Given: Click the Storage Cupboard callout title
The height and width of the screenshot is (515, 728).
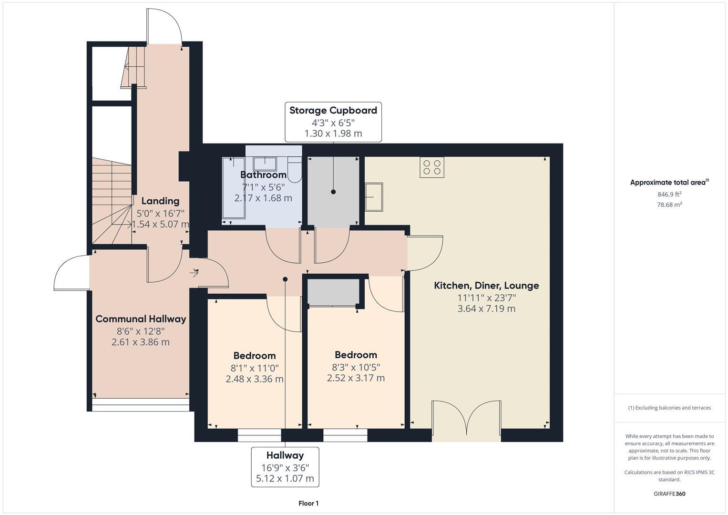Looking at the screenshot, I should tap(333, 111).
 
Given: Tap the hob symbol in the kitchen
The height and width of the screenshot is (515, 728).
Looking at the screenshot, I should tap(432, 167).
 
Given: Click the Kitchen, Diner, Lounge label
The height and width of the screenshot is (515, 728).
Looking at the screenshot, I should tap(486, 286).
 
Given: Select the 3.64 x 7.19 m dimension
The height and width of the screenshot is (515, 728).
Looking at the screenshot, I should tap(486, 309).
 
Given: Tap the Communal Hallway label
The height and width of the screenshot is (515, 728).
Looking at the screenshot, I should tap(141, 319).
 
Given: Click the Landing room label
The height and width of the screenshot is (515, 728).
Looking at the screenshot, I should tap(160, 201).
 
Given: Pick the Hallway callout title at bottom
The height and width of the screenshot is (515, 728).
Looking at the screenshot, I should tap(285, 455).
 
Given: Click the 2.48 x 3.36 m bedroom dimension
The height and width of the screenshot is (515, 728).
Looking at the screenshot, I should tap(254, 379).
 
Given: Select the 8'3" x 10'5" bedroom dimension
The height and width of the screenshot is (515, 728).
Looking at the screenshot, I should tap(356, 367).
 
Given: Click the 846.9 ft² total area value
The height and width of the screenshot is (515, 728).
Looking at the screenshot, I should tap(669, 194).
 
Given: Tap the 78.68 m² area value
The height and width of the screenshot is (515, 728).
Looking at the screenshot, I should tap(669, 205).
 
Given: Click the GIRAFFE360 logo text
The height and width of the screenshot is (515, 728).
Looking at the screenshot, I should tap(669, 494).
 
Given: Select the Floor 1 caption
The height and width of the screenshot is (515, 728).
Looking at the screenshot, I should tap(308, 504).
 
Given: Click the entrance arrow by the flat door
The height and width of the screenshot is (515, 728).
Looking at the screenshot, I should tap(195, 273).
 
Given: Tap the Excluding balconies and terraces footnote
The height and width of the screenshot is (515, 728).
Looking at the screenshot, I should tap(669, 408).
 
